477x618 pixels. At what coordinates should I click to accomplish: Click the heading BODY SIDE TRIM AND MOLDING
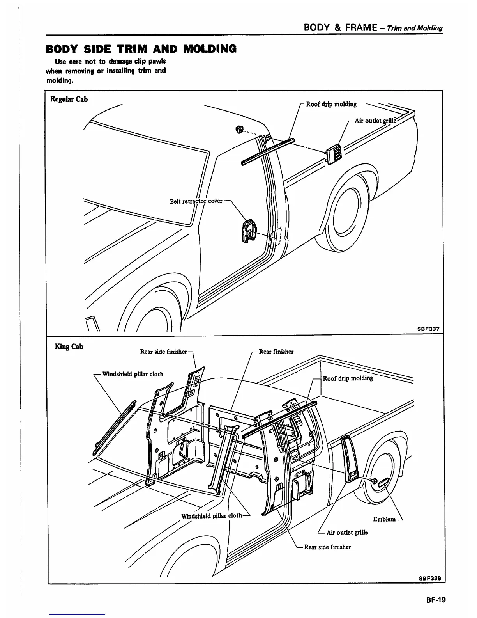coord(141,49)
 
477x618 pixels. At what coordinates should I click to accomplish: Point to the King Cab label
coord(69,346)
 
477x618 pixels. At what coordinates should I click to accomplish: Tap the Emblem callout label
coord(384,519)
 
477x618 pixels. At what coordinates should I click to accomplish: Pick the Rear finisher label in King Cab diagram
coord(276,352)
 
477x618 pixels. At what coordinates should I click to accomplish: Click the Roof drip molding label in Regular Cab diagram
coord(331,104)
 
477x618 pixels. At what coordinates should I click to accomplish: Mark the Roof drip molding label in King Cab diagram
coord(348,378)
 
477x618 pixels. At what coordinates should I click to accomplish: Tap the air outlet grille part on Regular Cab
coord(334,154)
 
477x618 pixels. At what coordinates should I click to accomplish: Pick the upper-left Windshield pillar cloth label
coord(132,374)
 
